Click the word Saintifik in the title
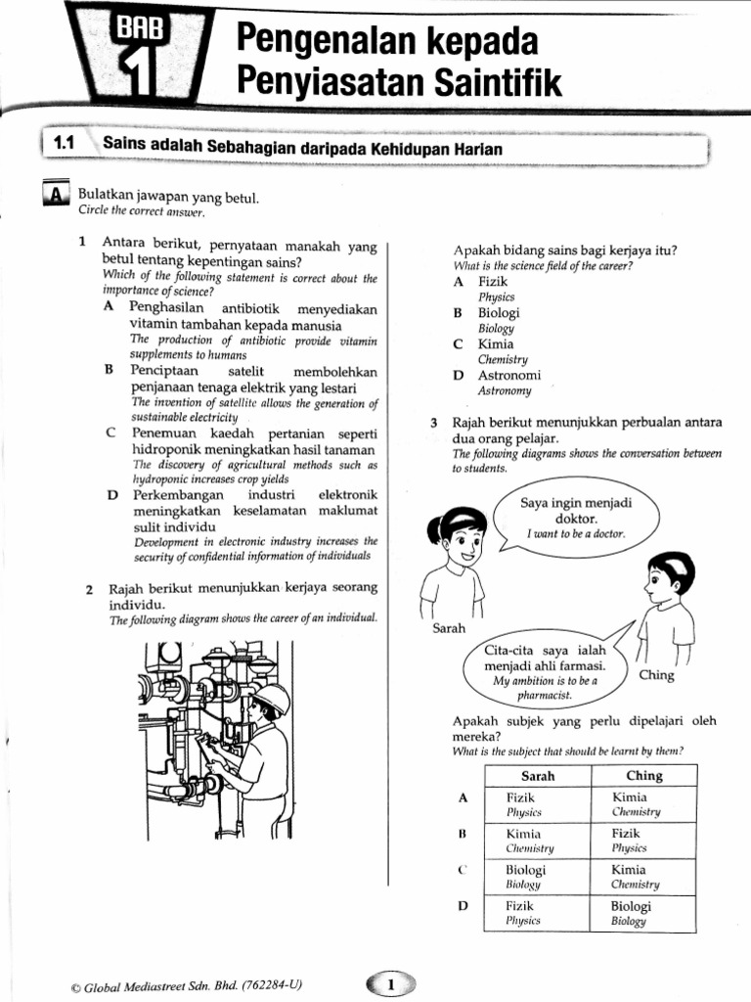point(501,84)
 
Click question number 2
point(89,590)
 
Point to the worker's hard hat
point(271,698)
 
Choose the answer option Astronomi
point(508,376)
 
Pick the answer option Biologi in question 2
point(499,313)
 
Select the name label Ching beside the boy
point(656,675)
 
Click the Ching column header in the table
point(643,776)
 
